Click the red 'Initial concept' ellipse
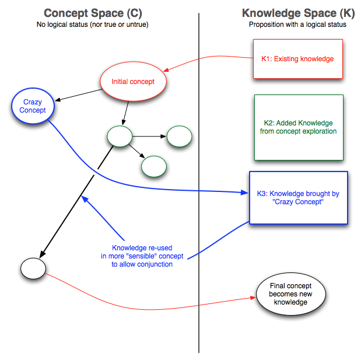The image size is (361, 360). pyautogui.click(x=134, y=82)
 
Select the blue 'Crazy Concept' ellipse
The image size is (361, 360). pyautogui.click(x=32, y=106)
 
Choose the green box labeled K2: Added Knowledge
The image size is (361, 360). pyautogui.click(x=299, y=127)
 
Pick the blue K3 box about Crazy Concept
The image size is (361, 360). pyautogui.click(x=298, y=198)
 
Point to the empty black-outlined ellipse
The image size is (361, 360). pyautogui.click(x=33, y=268)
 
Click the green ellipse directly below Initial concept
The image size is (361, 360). pyautogui.click(x=120, y=137)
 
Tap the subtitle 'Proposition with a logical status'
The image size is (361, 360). pyautogui.click(x=297, y=25)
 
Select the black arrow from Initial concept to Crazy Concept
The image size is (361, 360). pyautogui.click(x=78, y=96)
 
